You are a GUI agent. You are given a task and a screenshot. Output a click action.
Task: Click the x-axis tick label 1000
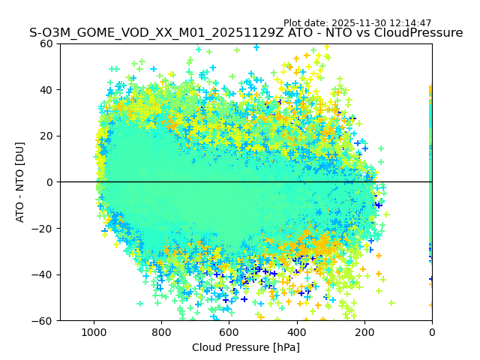coord(94,331)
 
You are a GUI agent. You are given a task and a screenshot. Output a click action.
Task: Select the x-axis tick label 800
coord(161,331)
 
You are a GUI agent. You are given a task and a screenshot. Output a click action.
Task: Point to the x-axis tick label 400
coord(296,331)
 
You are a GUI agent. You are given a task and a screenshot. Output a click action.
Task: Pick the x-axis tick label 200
coord(364,331)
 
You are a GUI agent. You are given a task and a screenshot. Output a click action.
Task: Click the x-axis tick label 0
coord(431,331)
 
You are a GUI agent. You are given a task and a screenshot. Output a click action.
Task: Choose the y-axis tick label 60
coord(46,43)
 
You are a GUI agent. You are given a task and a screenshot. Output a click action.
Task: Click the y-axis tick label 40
coord(46,90)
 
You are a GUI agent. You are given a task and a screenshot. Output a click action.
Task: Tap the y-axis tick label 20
coord(46,136)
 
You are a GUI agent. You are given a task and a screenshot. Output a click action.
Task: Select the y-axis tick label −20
coord(43,228)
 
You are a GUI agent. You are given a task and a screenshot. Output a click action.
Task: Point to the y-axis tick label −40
coord(43,274)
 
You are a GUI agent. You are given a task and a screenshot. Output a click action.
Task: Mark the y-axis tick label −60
coord(43,320)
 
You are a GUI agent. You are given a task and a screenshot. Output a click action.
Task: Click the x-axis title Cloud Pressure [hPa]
coord(246,347)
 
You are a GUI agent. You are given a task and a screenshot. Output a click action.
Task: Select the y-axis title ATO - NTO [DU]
coord(20,182)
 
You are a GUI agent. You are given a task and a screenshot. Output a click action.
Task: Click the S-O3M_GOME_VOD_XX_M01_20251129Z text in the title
coord(148,33)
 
